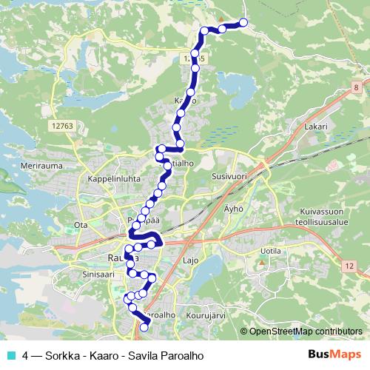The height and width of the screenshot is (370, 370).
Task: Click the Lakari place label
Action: point(315,127)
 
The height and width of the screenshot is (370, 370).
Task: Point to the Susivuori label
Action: point(227,178)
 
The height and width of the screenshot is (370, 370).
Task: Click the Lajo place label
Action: point(191,261)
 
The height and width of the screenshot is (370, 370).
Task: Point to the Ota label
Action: point(81,224)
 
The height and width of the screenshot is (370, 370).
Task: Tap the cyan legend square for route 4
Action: point(10,356)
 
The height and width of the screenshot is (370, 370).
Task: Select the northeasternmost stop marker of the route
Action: point(243,21)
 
